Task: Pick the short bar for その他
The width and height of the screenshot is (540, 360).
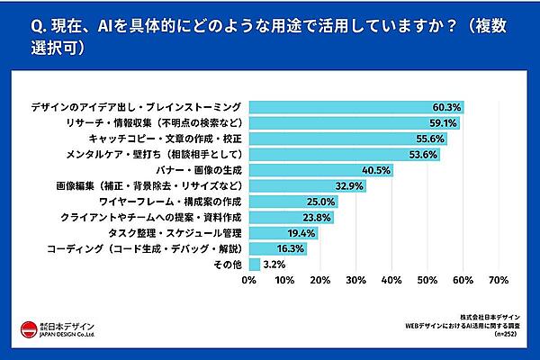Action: [x=253, y=265]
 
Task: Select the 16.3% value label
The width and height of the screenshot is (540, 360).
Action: [x=290, y=248]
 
